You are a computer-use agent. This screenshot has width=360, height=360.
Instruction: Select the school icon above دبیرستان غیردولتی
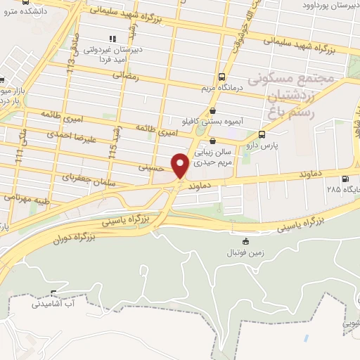[112, 38]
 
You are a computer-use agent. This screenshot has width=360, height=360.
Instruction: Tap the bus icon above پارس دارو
[262, 134]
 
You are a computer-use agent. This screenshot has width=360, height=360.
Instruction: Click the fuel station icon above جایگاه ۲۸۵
[344, 179]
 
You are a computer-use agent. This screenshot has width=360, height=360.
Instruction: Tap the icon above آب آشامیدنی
[53, 293]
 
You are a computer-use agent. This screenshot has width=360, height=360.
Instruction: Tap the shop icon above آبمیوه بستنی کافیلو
[213, 110]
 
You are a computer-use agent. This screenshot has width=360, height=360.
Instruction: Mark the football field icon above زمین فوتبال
[245, 240]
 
